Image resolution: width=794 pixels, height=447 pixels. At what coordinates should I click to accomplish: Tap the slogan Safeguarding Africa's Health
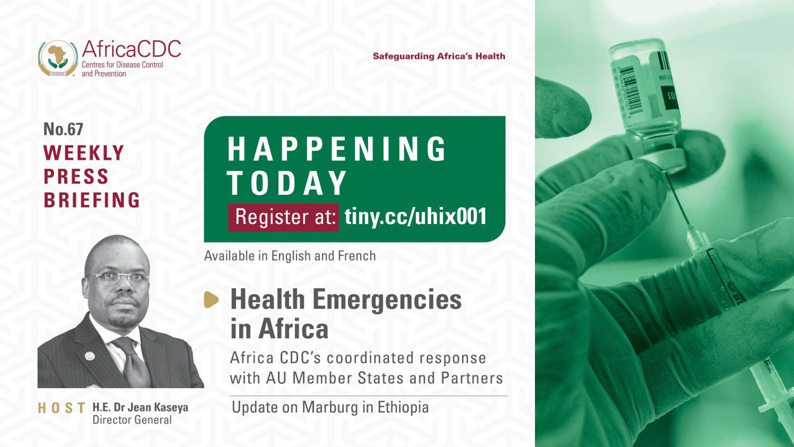click(x=439, y=56)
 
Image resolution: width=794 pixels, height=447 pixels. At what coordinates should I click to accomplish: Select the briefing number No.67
click(x=64, y=129)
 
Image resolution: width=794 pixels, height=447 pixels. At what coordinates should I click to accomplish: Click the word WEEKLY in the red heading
click(x=84, y=153)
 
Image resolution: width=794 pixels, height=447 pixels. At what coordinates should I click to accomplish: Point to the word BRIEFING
click(x=92, y=200)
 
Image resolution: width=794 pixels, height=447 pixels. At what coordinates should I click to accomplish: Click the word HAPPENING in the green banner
click(x=336, y=149)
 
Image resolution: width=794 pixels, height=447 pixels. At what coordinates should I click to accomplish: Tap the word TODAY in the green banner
click(x=287, y=183)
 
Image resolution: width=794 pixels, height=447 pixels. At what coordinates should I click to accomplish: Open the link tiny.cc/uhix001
click(x=415, y=216)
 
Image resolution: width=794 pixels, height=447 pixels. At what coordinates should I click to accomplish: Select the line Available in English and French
click(x=290, y=256)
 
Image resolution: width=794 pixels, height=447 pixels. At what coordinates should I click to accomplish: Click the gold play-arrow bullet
click(x=211, y=300)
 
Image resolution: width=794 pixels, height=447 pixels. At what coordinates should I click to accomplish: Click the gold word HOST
click(x=62, y=408)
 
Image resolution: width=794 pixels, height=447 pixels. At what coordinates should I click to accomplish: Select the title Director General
click(x=132, y=420)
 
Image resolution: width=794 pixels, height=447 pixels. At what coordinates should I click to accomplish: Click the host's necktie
click(x=133, y=362)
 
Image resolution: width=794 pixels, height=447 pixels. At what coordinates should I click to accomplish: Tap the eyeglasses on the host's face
click(x=118, y=277)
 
